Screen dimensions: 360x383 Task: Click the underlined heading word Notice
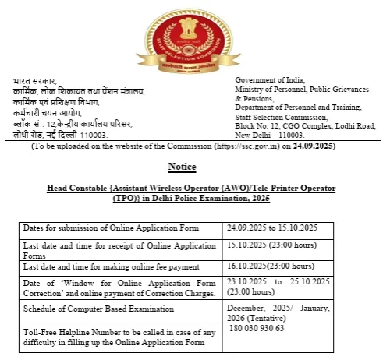183,167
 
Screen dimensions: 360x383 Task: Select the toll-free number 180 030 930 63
257,328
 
